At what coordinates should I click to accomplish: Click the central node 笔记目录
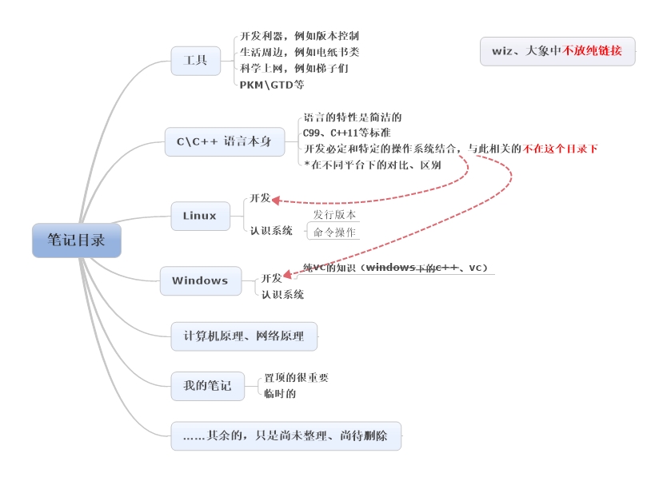(x=76, y=240)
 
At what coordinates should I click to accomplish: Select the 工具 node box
(x=196, y=61)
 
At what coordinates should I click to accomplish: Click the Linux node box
(x=200, y=216)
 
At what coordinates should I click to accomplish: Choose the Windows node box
(x=200, y=280)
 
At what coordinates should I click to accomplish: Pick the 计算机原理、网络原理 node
(x=244, y=336)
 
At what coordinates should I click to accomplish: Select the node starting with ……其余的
(x=286, y=436)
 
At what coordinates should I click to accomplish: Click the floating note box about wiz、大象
(x=557, y=51)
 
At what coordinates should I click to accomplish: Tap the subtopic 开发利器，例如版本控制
(x=299, y=36)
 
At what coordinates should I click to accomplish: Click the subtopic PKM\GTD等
(x=272, y=84)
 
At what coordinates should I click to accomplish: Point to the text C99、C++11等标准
(x=347, y=133)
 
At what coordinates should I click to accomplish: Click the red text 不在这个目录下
(x=561, y=149)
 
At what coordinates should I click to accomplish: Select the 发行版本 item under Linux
(x=334, y=215)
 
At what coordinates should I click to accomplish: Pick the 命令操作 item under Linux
(x=334, y=233)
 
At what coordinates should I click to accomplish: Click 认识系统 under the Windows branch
(x=282, y=295)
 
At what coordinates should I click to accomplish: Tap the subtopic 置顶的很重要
(x=296, y=378)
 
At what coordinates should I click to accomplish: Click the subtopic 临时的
(x=280, y=393)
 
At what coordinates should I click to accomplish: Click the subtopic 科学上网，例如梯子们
(x=294, y=68)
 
